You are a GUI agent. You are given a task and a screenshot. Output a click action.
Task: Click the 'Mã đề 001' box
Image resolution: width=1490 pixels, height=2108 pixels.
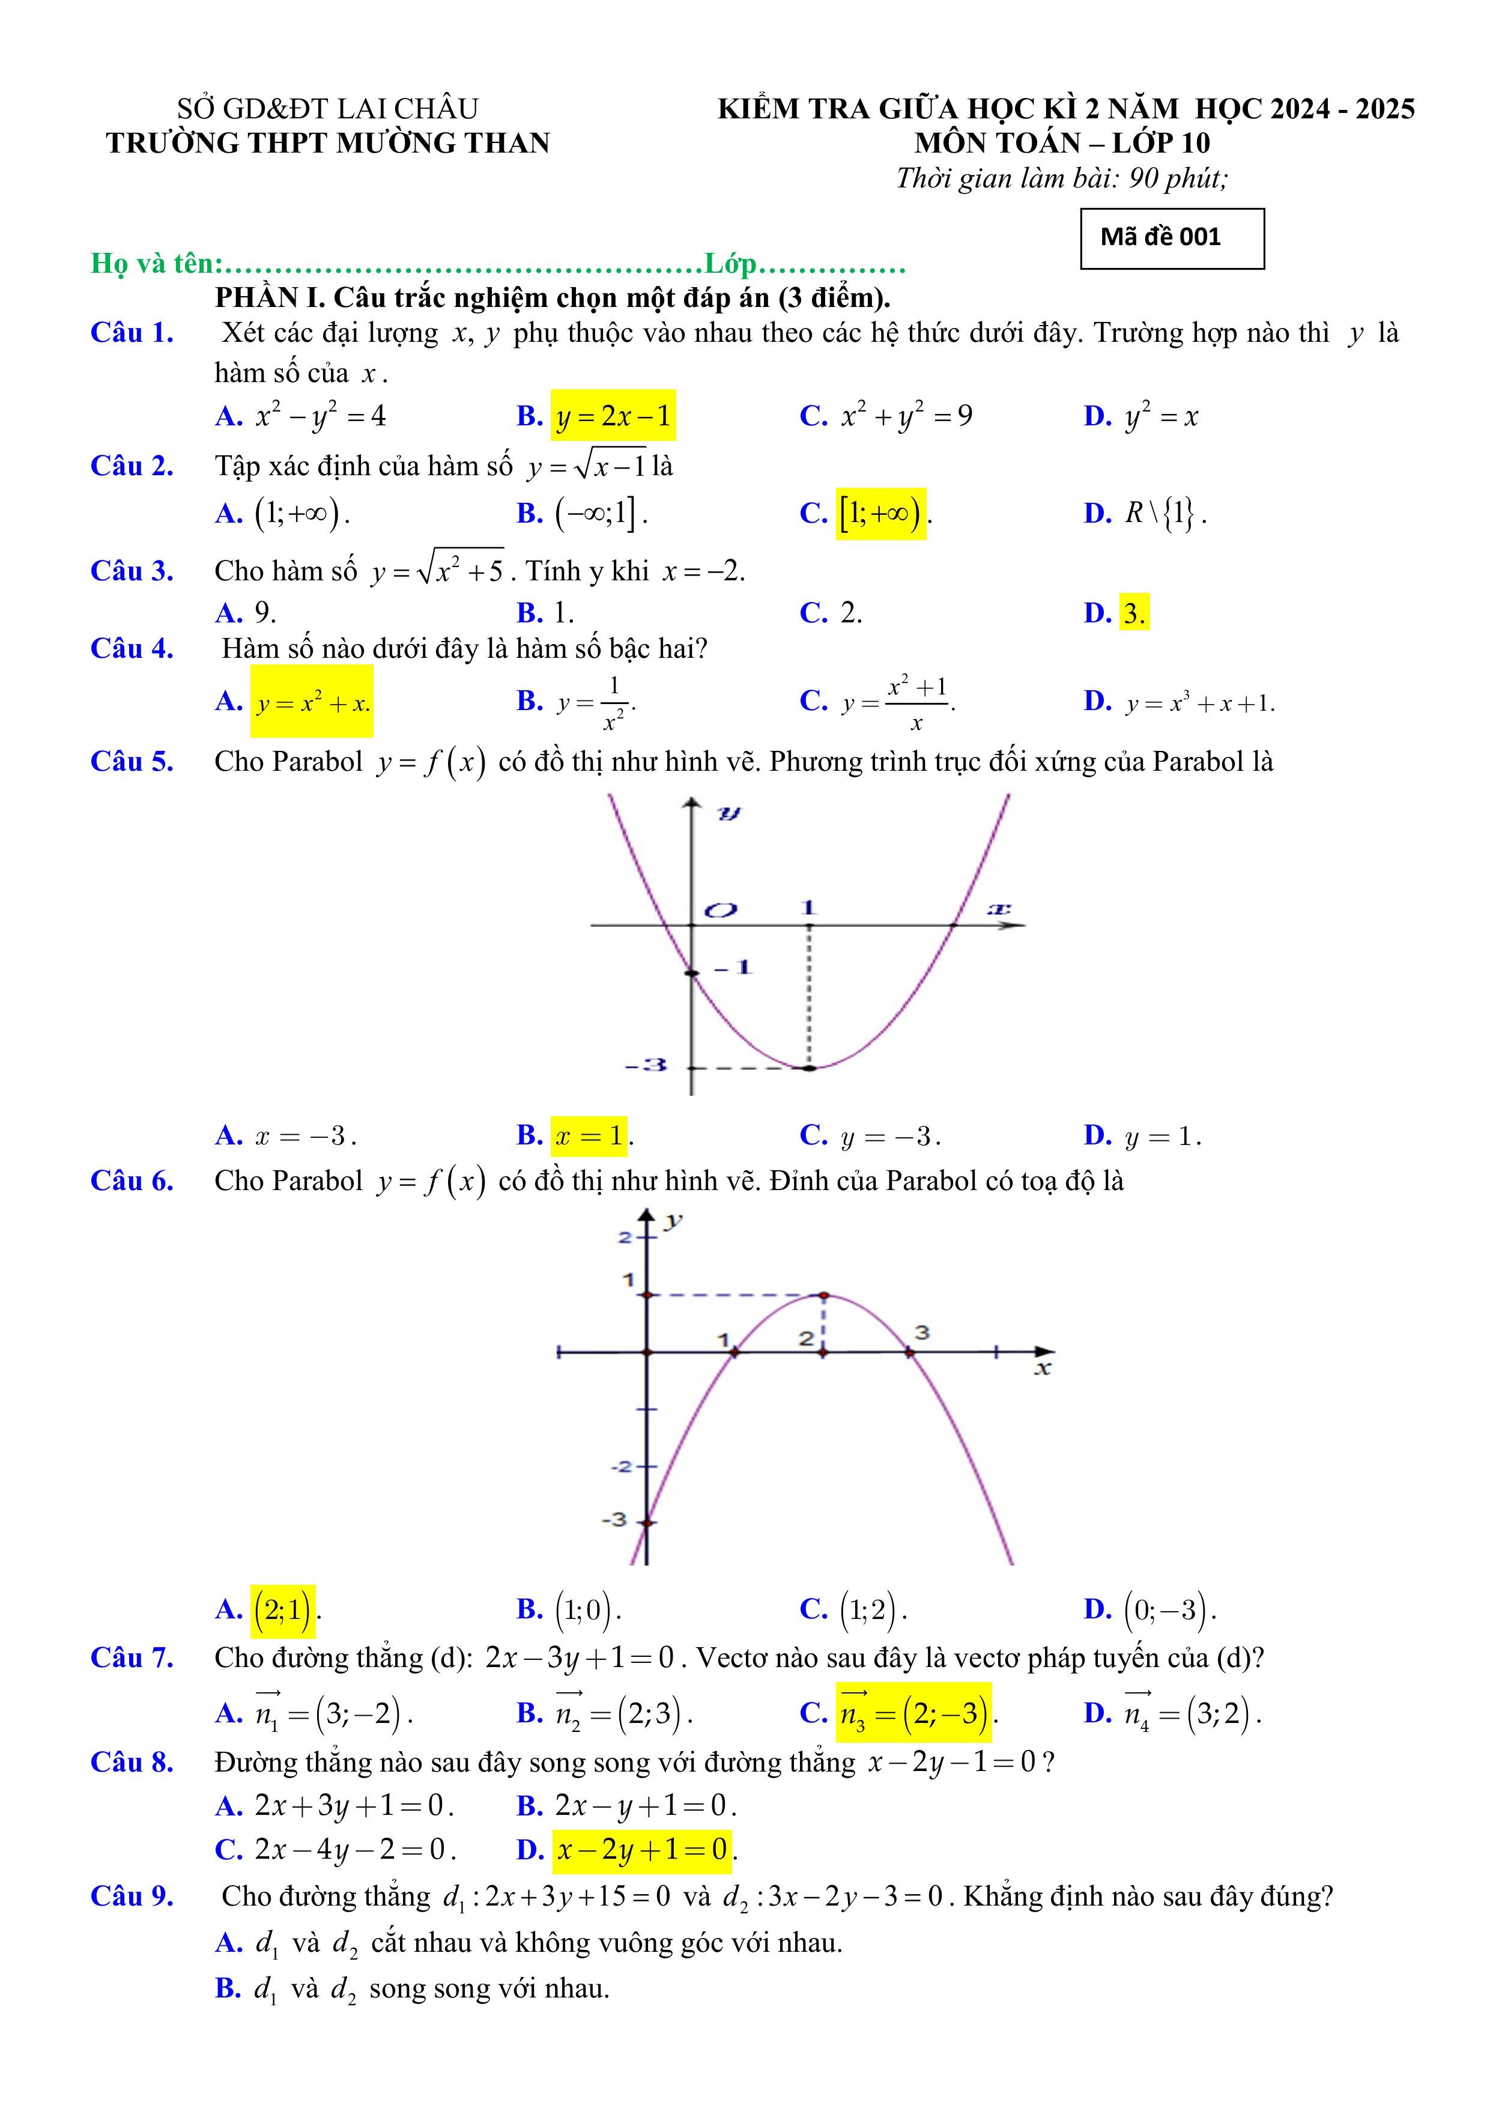(x=1172, y=238)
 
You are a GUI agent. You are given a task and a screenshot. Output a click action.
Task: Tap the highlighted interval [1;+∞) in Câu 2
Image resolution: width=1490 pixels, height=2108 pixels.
(x=879, y=513)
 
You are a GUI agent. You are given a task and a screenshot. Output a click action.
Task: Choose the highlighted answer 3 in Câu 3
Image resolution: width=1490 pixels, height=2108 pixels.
(x=1134, y=612)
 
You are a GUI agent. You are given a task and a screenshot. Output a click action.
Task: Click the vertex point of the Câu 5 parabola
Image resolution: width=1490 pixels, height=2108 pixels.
(x=808, y=1068)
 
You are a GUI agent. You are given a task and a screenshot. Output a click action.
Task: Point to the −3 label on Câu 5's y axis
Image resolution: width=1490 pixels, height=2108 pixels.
(x=646, y=1066)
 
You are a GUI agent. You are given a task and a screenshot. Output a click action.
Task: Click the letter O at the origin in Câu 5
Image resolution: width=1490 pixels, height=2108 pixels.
(x=721, y=910)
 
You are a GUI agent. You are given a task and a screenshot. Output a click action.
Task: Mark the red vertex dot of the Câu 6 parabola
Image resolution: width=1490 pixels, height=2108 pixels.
(x=823, y=1295)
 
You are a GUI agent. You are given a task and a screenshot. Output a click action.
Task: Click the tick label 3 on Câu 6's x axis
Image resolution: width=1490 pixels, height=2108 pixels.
(x=922, y=1332)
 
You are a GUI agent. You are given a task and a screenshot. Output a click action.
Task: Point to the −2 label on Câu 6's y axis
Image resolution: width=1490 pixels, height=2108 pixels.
(x=622, y=1466)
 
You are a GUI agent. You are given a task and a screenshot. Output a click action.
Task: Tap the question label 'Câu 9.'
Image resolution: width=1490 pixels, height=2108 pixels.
(x=132, y=1896)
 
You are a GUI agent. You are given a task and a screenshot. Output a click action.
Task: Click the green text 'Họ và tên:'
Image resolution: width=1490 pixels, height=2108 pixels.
(x=157, y=264)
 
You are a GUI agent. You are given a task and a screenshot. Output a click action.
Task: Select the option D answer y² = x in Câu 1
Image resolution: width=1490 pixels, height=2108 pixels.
(x=1161, y=417)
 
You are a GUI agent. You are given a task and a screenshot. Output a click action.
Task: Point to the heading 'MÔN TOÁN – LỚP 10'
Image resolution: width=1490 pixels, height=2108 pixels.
(x=1062, y=143)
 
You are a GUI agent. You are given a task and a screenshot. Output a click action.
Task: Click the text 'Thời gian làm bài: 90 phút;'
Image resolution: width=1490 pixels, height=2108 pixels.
(x=1061, y=177)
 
